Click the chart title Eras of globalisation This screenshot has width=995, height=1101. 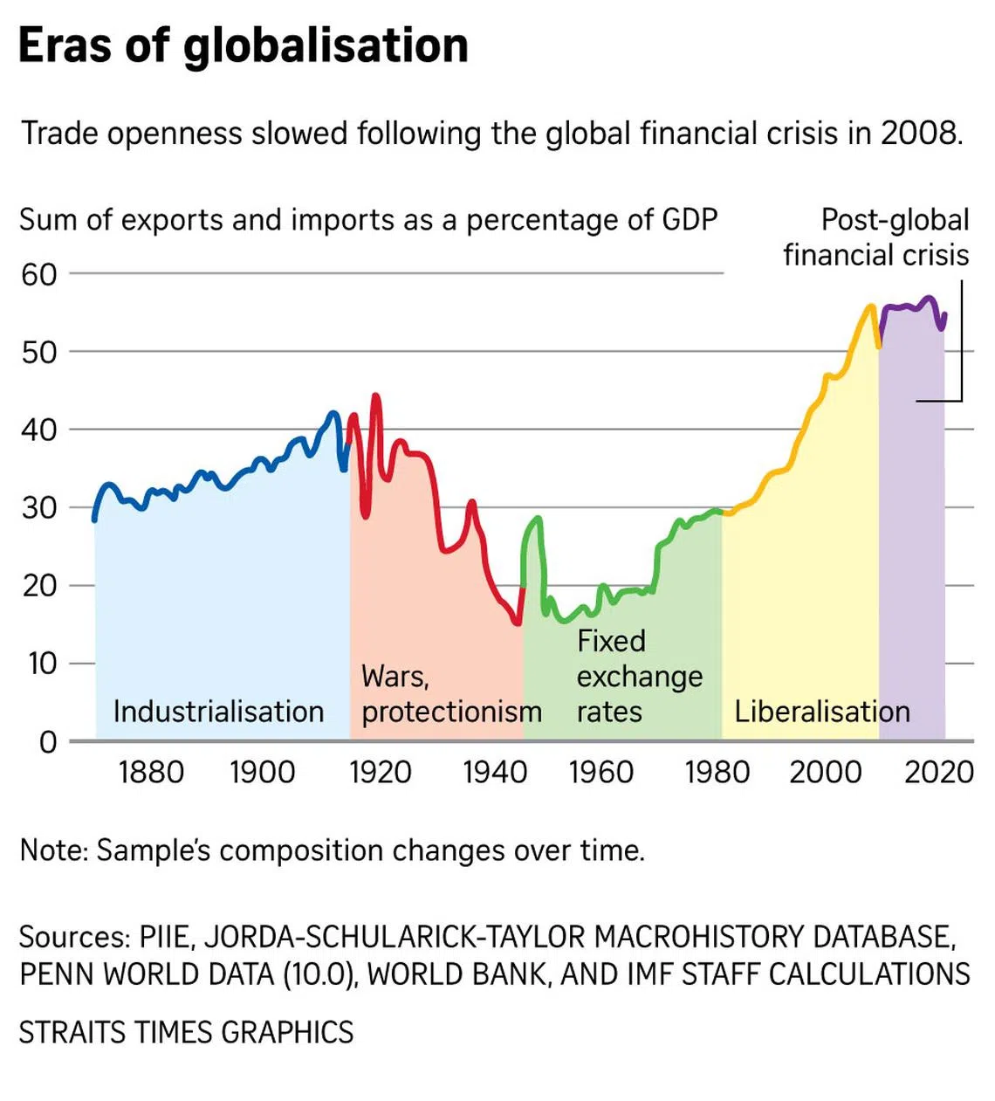[243, 45]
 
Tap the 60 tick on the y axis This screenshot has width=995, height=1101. [38, 274]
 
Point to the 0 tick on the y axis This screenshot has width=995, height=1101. [48, 742]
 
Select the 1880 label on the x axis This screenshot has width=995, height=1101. [151, 773]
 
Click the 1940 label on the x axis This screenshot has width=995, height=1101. [495, 773]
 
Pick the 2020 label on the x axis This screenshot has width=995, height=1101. [939, 773]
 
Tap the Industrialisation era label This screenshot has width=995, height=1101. [218, 712]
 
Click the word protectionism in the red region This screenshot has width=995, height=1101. [451, 712]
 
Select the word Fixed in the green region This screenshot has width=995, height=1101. [611, 641]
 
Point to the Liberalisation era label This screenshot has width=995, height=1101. [821, 712]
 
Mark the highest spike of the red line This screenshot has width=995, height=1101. [376, 396]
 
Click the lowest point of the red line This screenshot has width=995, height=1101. [518, 623]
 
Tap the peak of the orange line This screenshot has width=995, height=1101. [870, 306]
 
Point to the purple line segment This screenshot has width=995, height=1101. [912, 306]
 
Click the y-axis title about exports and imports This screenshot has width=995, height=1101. [367, 220]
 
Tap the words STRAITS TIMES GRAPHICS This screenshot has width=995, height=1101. [186, 1032]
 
